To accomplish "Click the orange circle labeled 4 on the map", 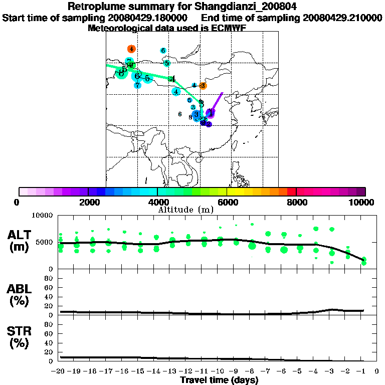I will pyautogui.click(x=131, y=49).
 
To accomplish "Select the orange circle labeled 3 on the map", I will pyautogui.click(x=203, y=86).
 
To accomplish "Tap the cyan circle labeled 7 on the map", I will pyautogui.click(x=137, y=85).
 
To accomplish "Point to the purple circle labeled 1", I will pyautogui.click(x=211, y=113).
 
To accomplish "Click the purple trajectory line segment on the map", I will pyautogui.click(x=218, y=99).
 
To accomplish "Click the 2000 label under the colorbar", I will pyautogui.click(x=88, y=202).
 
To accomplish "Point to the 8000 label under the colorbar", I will pyautogui.click(x=296, y=202).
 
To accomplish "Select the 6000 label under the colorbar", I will pyautogui.click(x=227, y=202).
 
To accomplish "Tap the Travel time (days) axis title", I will pyautogui.click(x=219, y=380).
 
